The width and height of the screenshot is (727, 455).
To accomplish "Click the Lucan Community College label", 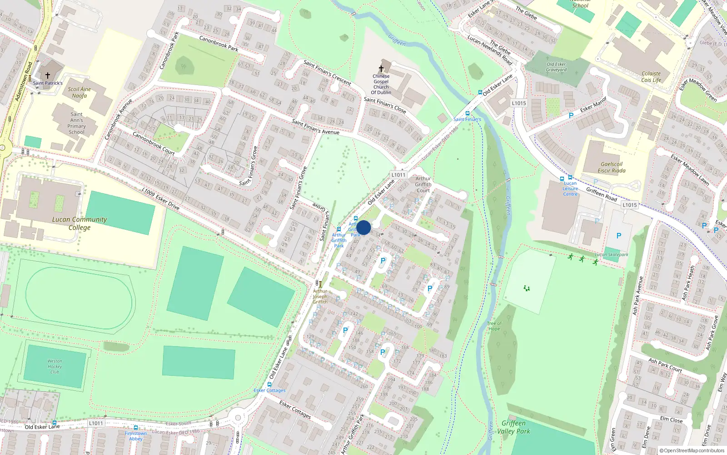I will (x=80, y=223).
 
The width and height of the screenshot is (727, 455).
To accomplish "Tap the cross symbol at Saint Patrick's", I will (x=47, y=76).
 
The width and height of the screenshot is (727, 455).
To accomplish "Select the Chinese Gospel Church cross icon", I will (x=381, y=69).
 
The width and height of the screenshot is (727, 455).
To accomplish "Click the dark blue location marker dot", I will (x=363, y=227).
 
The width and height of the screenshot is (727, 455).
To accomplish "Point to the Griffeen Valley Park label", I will (x=513, y=427).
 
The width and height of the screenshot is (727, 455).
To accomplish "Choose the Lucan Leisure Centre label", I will (x=570, y=188).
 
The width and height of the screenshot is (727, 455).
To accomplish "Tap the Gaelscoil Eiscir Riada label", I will (x=612, y=167).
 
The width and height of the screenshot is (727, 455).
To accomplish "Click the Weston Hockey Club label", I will (x=55, y=366).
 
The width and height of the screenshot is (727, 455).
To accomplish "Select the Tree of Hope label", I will (x=494, y=326).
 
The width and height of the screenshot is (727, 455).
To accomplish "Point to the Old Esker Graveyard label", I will (x=556, y=67).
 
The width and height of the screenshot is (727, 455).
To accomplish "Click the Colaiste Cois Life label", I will (x=651, y=76).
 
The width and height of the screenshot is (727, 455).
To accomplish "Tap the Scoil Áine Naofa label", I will (x=80, y=92).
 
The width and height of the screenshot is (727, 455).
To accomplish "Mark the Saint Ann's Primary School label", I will (x=77, y=123).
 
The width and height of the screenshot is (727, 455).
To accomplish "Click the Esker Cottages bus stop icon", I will (x=269, y=384).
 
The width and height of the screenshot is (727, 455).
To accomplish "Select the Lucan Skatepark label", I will (x=612, y=254).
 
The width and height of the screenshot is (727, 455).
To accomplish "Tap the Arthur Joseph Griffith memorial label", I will (x=320, y=296).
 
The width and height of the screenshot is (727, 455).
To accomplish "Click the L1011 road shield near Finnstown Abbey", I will (x=96, y=423).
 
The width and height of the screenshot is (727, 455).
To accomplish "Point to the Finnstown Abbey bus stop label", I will (x=136, y=436).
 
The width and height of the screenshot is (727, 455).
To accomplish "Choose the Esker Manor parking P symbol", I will (x=571, y=116).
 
